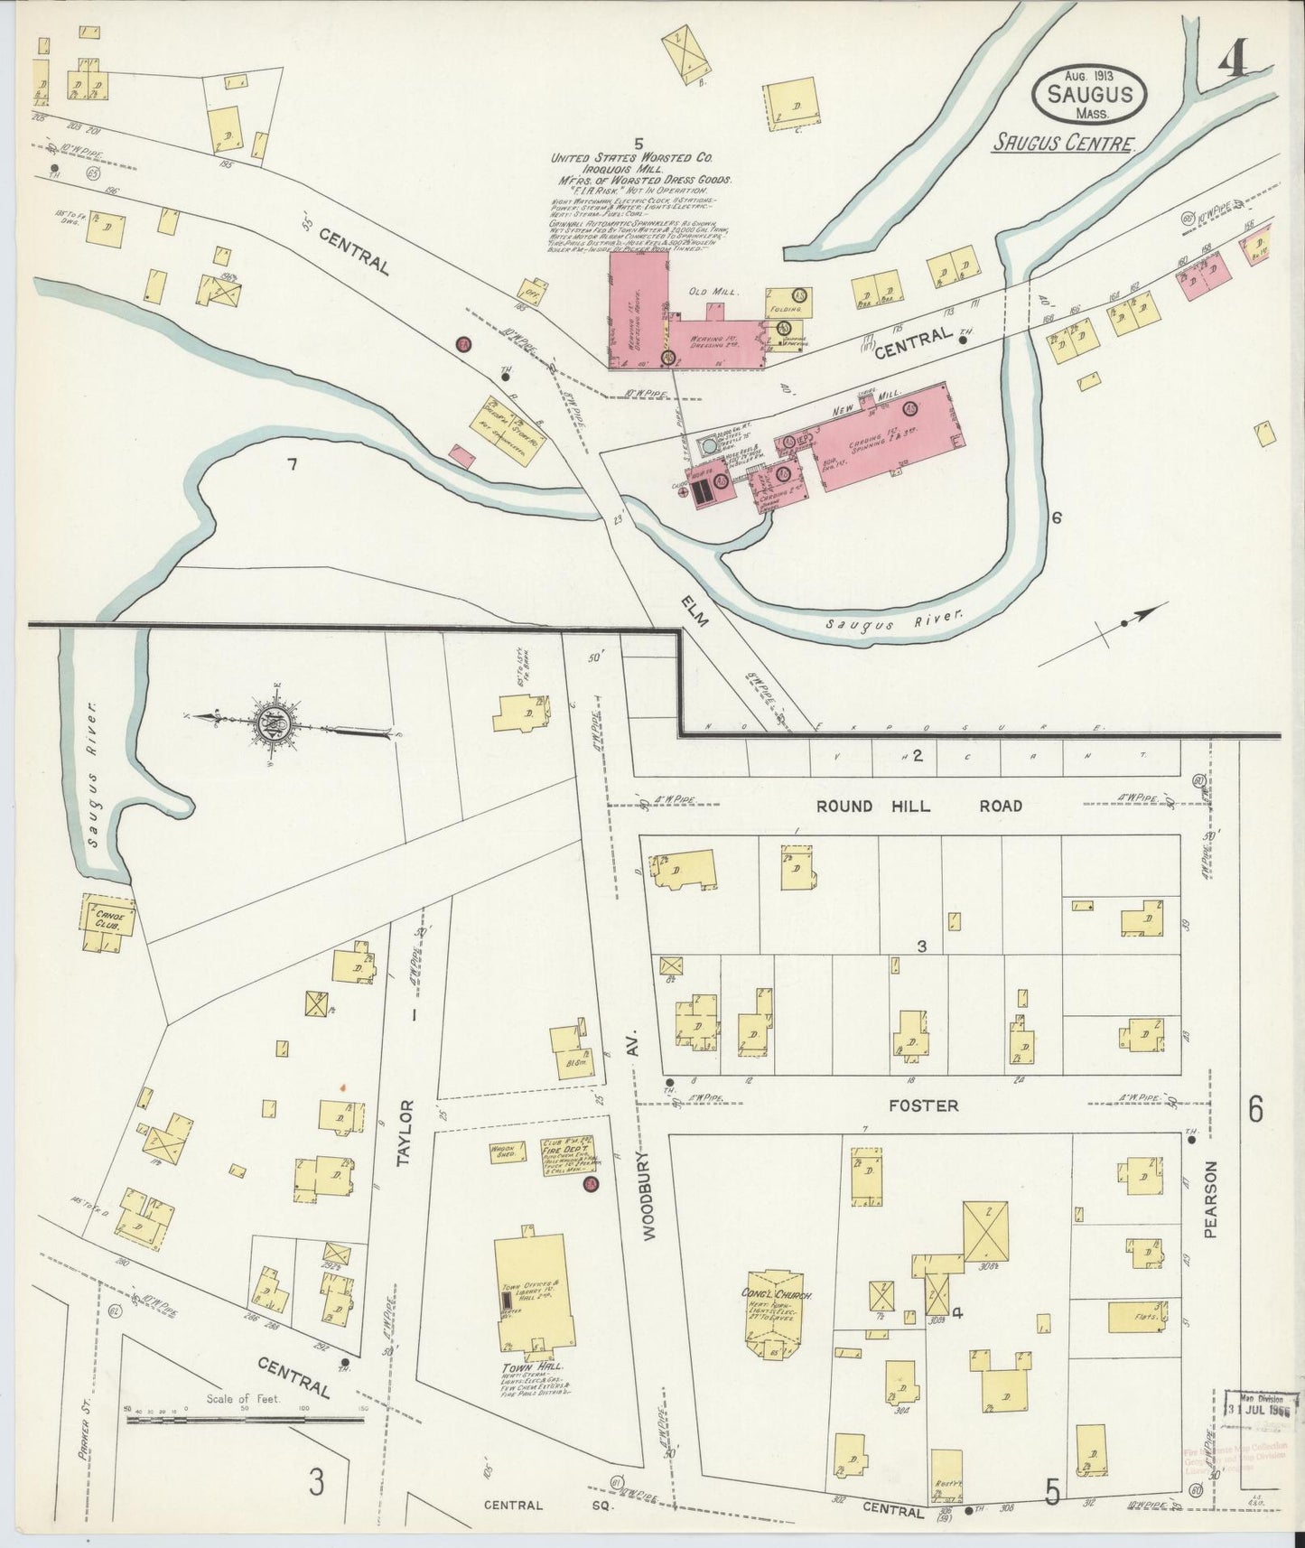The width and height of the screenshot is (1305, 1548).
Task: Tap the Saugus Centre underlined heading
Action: click(x=1063, y=144)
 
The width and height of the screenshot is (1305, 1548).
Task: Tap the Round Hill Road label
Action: click(x=918, y=806)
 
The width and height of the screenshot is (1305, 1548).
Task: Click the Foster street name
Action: click(x=922, y=1105)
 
